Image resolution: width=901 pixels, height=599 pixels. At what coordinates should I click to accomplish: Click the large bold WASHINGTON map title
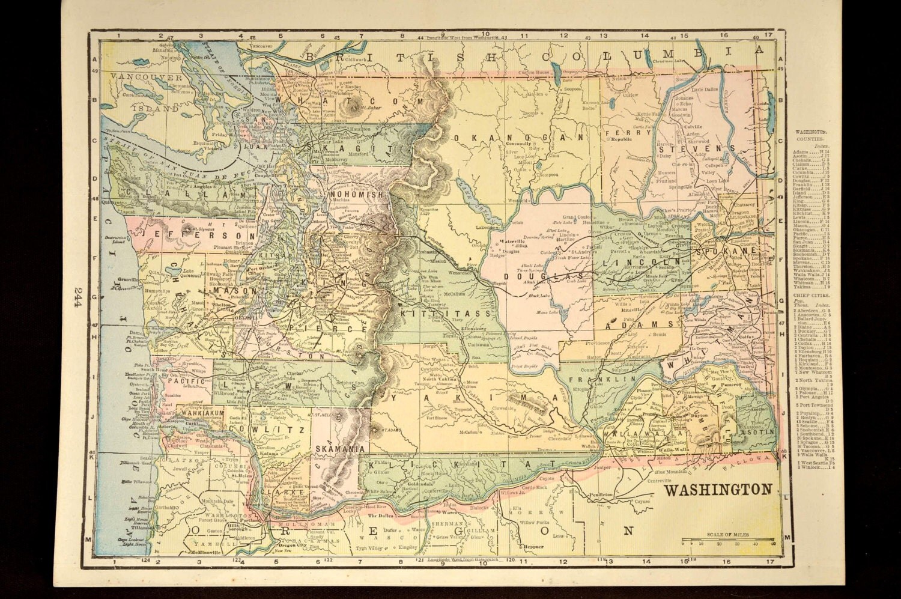[x=717, y=488]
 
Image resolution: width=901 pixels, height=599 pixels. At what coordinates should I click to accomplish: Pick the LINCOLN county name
[x=642, y=262]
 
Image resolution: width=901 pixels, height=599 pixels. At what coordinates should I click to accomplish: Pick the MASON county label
[x=226, y=290]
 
